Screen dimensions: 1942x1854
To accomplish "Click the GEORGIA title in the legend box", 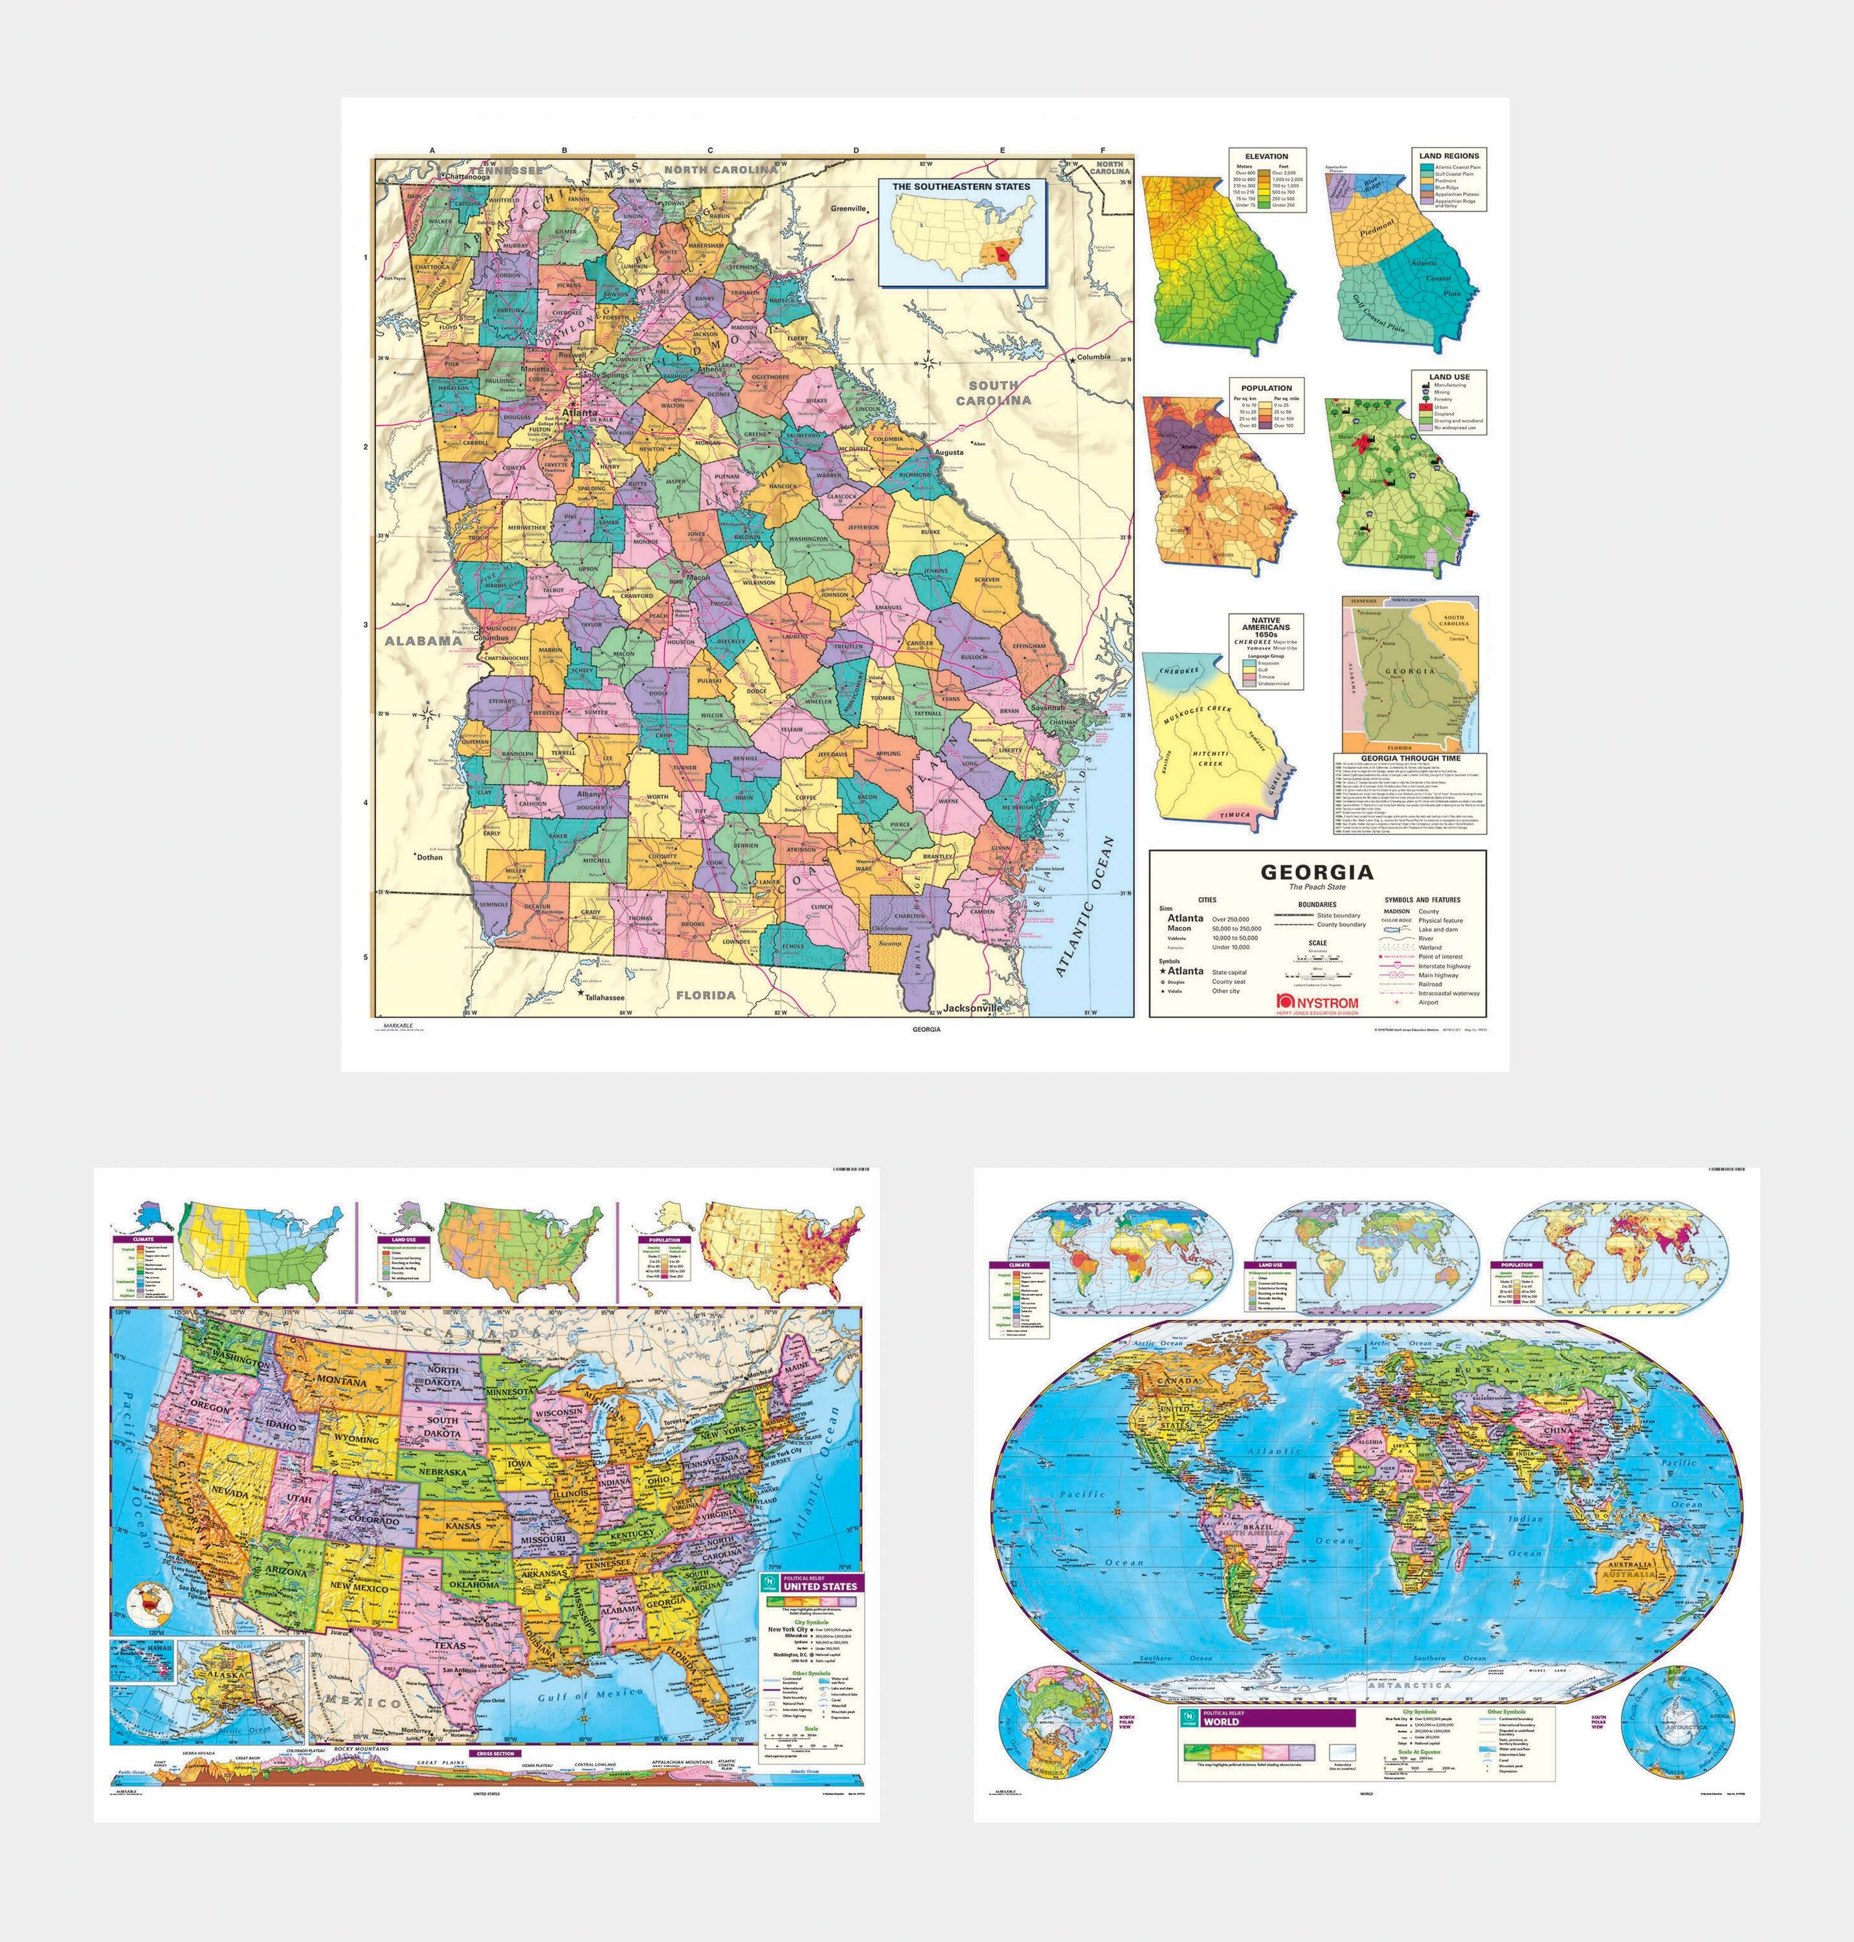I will tap(1317, 873).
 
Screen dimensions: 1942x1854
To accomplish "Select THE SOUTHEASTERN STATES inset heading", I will tap(961, 186).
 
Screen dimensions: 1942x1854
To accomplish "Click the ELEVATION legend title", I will tap(1266, 156).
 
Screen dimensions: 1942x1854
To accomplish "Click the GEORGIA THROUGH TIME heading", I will tap(1411, 759).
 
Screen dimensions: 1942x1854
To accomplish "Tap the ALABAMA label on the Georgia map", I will tap(423, 640).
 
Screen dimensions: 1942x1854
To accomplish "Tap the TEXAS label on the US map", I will tap(450, 1646).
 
